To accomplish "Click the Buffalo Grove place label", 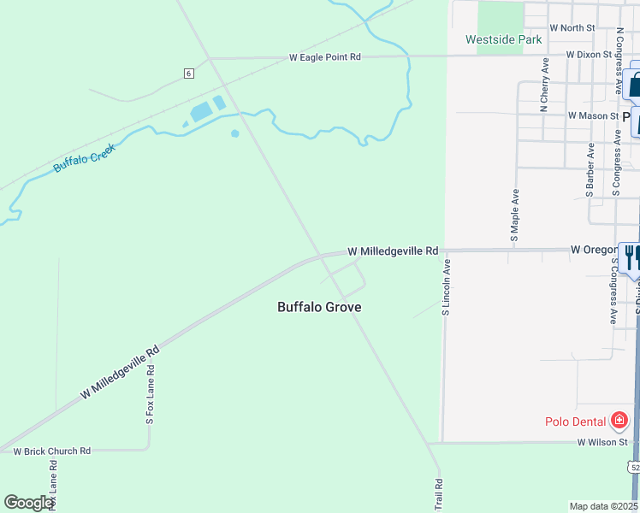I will [x=319, y=307].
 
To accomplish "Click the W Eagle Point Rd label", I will [x=325, y=56].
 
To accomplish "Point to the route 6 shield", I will [x=188, y=74].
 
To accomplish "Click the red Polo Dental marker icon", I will [x=619, y=421].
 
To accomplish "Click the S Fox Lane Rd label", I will [x=150, y=395].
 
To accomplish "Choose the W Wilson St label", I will [x=603, y=442].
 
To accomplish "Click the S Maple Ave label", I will [x=515, y=215].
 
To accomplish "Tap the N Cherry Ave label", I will [x=544, y=85].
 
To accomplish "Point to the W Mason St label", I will [x=593, y=115].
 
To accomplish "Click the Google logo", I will [x=28, y=502].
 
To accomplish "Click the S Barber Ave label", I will [x=590, y=170].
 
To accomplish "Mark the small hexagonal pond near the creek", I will [x=234, y=133].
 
